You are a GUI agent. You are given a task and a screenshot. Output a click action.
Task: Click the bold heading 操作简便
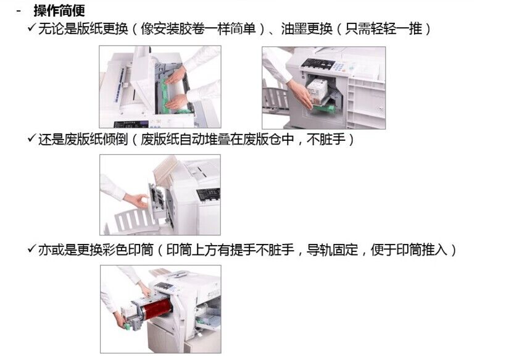59,10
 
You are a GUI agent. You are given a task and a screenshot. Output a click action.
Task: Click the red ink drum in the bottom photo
155,308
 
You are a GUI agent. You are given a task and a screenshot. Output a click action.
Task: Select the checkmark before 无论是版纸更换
32,27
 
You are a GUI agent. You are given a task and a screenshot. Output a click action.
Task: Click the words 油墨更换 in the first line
307,28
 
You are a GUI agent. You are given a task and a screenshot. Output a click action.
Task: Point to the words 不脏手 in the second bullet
326,139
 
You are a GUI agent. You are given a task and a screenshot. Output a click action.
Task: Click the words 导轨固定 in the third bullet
332,249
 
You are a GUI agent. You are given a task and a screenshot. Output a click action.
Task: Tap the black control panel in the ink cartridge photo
317,64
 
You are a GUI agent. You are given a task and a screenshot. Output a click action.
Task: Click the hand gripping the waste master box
137,200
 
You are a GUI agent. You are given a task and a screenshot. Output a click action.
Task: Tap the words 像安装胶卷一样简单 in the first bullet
198,28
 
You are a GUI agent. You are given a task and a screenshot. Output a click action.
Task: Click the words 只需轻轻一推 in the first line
383,28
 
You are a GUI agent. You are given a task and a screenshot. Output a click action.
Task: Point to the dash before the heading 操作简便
19,11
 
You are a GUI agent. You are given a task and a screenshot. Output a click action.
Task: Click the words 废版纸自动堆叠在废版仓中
217,139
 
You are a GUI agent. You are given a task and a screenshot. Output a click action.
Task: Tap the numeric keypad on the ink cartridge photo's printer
339,66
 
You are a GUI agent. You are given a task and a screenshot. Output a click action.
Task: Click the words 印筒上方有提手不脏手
230,249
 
